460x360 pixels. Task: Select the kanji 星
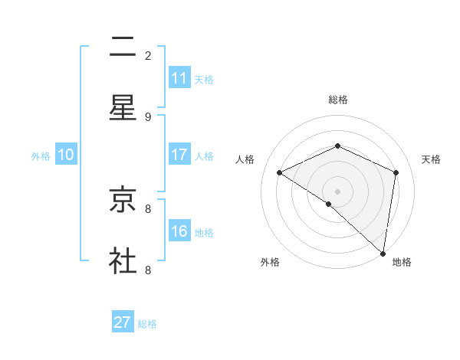pyautogui.click(x=123, y=108)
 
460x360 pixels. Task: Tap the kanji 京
pyautogui.click(x=123, y=200)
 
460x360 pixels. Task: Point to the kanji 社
pyautogui.click(x=123, y=260)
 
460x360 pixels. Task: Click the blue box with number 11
pyautogui.click(x=179, y=78)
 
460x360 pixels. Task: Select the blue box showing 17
pyautogui.click(x=179, y=155)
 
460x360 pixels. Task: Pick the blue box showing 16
pyautogui.click(x=179, y=231)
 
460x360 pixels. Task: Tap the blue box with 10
pyautogui.click(x=66, y=155)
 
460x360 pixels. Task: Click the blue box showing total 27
pyautogui.click(x=123, y=322)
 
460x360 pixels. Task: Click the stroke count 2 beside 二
pyautogui.click(x=148, y=55)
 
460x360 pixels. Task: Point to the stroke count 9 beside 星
pyautogui.click(x=148, y=116)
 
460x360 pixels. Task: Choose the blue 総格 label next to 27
pyautogui.click(x=147, y=324)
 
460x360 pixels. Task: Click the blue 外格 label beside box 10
pyautogui.click(x=41, y=155)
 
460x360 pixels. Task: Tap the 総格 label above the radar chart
pyautogui.click(x=337, y=100)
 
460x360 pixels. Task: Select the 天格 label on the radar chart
pyautogui.click(x=431, y=159)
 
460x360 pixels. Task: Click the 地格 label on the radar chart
pyautogui.click(x=402, y=262)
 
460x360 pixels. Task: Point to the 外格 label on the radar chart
pyautogui.click(x=270, y=262)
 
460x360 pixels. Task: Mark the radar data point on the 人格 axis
pyautogui.click(x=280, y=172)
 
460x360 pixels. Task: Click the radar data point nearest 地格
pyautogui.click(x=383, y=254)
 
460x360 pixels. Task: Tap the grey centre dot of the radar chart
pyautogui.click(x=337, y=191)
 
